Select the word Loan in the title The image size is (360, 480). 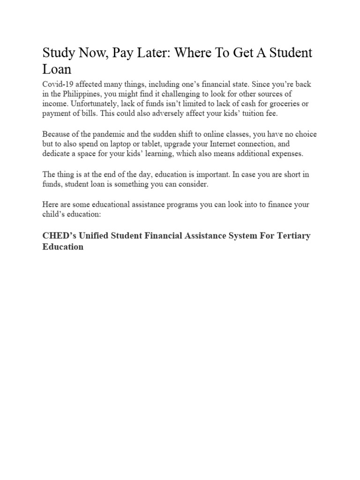57,69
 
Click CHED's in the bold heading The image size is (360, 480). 58,236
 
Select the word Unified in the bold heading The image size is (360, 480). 94,236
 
